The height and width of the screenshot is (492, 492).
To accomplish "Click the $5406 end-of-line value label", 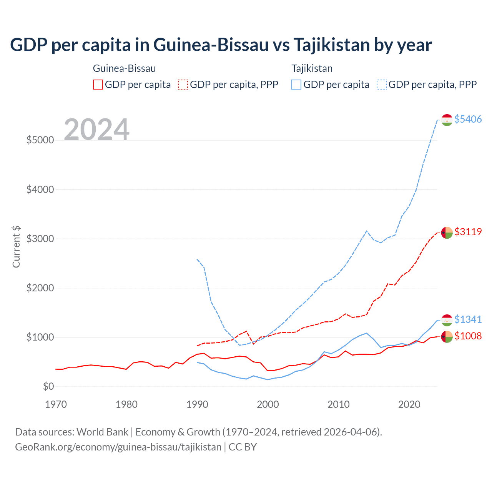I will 468,119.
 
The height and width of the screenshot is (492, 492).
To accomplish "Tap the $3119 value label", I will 468,232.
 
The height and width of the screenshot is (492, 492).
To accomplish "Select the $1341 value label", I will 468,319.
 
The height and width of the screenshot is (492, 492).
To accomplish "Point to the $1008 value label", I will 468,336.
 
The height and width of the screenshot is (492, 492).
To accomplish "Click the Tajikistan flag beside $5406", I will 447,120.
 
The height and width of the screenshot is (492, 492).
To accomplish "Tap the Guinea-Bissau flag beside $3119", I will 447,233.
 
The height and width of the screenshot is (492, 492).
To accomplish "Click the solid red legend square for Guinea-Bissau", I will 98,85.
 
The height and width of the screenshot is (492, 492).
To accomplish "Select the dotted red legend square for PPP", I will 183,85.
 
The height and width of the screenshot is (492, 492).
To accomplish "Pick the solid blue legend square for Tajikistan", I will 296,85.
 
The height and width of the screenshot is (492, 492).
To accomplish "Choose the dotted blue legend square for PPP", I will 382,85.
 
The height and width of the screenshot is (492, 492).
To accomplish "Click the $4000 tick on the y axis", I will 40,189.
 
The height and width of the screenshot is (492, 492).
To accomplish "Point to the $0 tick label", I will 48,386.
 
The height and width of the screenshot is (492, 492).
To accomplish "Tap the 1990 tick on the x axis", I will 197,404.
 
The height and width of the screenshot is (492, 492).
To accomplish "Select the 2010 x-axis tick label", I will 338,404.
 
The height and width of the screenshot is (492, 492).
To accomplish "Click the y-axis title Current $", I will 16,246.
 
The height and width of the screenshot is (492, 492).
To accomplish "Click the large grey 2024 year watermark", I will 96,130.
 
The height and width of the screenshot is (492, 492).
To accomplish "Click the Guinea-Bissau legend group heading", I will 124,68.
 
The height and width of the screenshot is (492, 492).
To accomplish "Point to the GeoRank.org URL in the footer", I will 118,447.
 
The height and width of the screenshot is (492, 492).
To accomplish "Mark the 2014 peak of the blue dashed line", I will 367,231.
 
